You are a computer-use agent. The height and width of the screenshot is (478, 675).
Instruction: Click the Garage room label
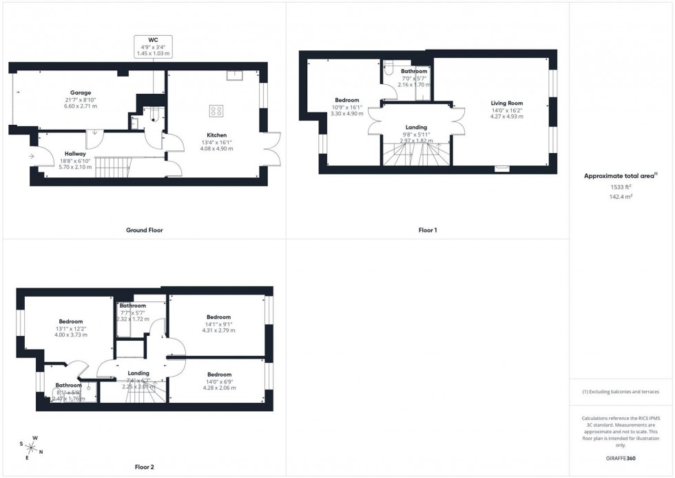(80, 92)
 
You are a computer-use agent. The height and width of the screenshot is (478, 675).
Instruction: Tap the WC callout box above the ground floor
(153, 46)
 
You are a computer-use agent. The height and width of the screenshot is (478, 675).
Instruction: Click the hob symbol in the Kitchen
(216, 110)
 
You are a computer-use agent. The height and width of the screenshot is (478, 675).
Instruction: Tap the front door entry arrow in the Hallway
(32, 157)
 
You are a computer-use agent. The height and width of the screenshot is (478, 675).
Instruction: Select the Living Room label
(506, 103)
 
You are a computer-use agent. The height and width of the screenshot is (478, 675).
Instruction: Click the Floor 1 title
(428, 230)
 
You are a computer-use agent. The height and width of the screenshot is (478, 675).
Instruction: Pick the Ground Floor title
(145, 230)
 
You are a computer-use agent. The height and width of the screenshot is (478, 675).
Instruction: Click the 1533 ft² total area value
(621, 187)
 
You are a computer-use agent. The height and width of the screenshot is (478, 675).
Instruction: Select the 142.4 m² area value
(621, 197)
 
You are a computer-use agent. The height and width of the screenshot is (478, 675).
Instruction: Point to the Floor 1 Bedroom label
(347, 100)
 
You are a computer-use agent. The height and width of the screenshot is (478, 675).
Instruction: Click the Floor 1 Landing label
(416, 127)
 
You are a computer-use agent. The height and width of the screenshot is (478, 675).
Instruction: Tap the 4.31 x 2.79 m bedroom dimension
(218, 330)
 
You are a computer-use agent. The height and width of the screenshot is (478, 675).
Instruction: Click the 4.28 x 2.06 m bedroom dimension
(218, 388)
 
